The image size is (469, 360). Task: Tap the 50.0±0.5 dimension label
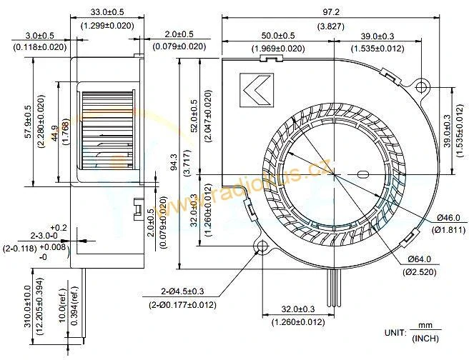pos(277,36)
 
